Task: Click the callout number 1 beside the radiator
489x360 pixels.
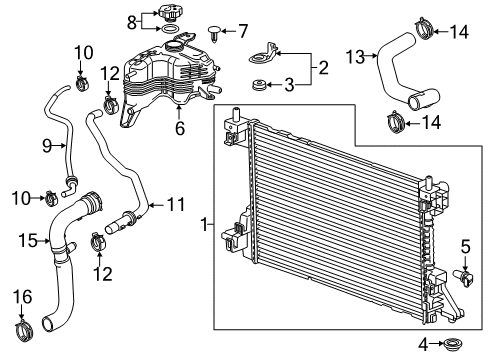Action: click(205, 227)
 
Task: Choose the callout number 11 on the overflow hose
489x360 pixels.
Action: click(177, 206)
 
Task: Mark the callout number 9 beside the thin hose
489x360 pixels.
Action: click(46, 146)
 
